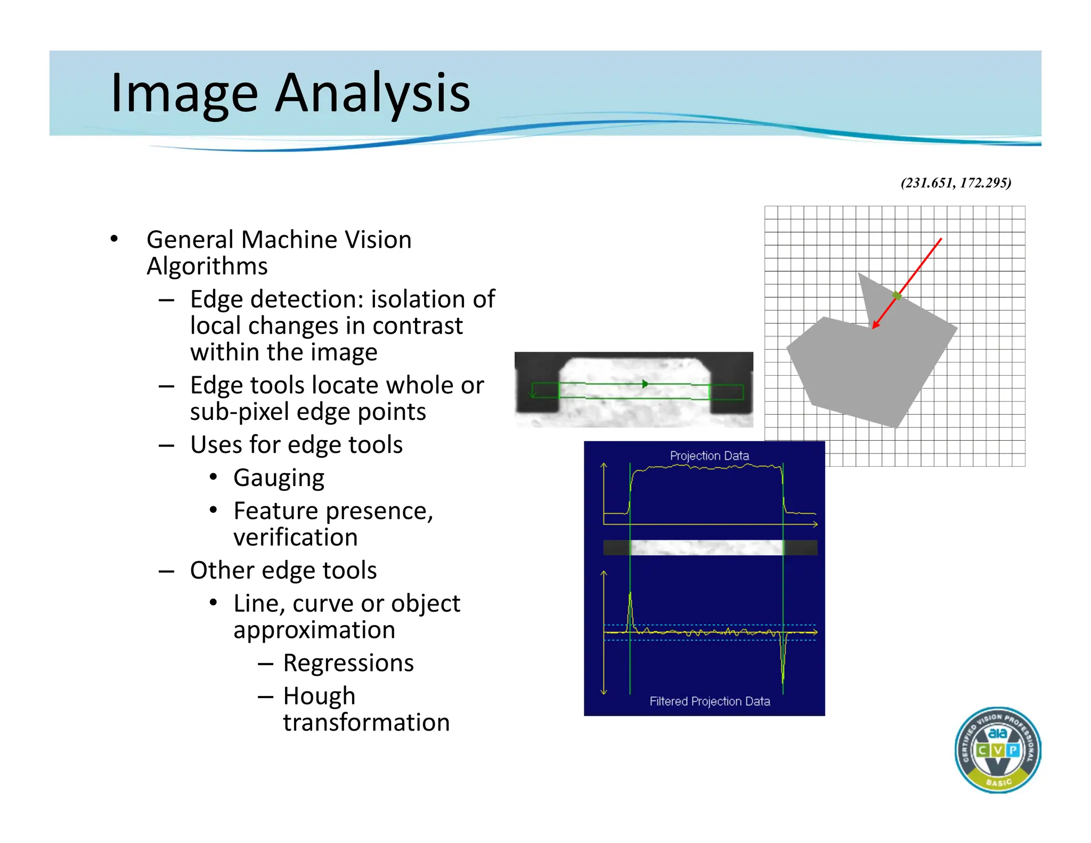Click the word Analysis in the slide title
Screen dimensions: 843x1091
[372, 93]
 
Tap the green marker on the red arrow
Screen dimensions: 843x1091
[897, 296]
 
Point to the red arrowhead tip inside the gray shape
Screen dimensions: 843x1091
[874, 327]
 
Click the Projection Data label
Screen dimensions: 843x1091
[709, 456]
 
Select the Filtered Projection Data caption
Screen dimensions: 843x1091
[710, 701]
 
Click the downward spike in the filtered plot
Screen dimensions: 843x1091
[783, 671]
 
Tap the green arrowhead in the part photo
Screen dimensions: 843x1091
[645, 384]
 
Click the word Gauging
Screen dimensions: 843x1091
[279, 478]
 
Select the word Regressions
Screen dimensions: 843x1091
[348, 663]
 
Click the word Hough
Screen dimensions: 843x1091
[319, 696]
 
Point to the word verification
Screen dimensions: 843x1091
[296, 537]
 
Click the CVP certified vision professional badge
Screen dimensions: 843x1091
[997, 750]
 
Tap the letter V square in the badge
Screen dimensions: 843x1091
[997, 750]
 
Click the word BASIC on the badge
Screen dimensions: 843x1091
[998, 782]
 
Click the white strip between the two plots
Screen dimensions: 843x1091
[706, 547]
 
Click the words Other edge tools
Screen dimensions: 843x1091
[283, 570]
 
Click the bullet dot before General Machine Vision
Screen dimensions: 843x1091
[114, 239]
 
